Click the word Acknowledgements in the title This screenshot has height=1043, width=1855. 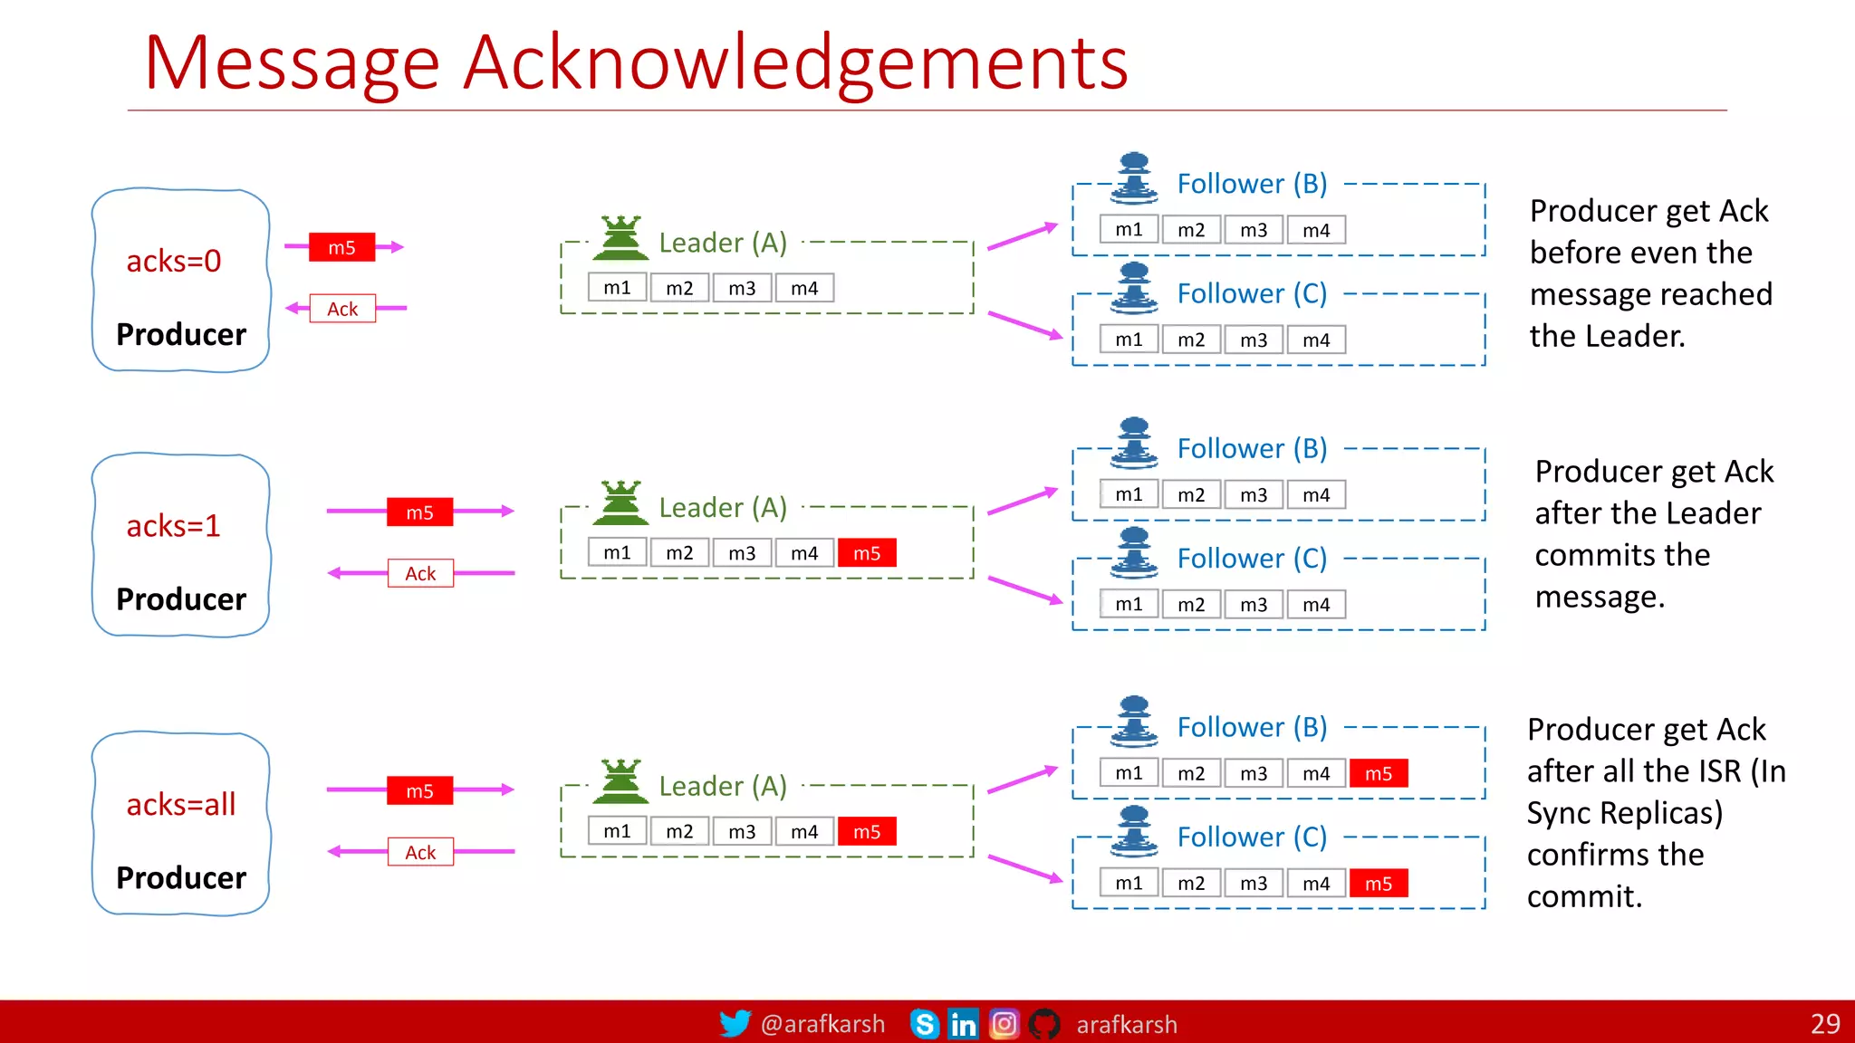795,63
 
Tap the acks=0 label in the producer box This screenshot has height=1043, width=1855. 173,262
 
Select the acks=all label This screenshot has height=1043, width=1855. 180,804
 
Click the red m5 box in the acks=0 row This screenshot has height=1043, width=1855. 341,247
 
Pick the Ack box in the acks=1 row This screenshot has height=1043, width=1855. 420,573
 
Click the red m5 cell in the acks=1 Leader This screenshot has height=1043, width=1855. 867,553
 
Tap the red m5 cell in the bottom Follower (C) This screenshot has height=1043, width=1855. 1378,884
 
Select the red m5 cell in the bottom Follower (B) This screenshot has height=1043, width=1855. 1378,773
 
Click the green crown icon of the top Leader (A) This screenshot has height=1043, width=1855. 620,238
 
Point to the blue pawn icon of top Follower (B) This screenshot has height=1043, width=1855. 1134,178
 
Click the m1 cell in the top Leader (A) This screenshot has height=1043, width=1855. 617,288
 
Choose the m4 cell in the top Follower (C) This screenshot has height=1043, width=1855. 1316,340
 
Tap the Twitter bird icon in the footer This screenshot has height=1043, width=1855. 735,1023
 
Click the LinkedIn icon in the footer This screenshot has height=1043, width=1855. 963,1024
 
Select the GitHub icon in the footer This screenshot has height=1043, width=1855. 1044,1024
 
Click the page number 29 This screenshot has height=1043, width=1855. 1824,1024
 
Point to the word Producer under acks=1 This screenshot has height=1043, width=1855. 181,599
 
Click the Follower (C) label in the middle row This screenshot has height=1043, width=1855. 1252,559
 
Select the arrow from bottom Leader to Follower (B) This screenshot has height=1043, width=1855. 1023,780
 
